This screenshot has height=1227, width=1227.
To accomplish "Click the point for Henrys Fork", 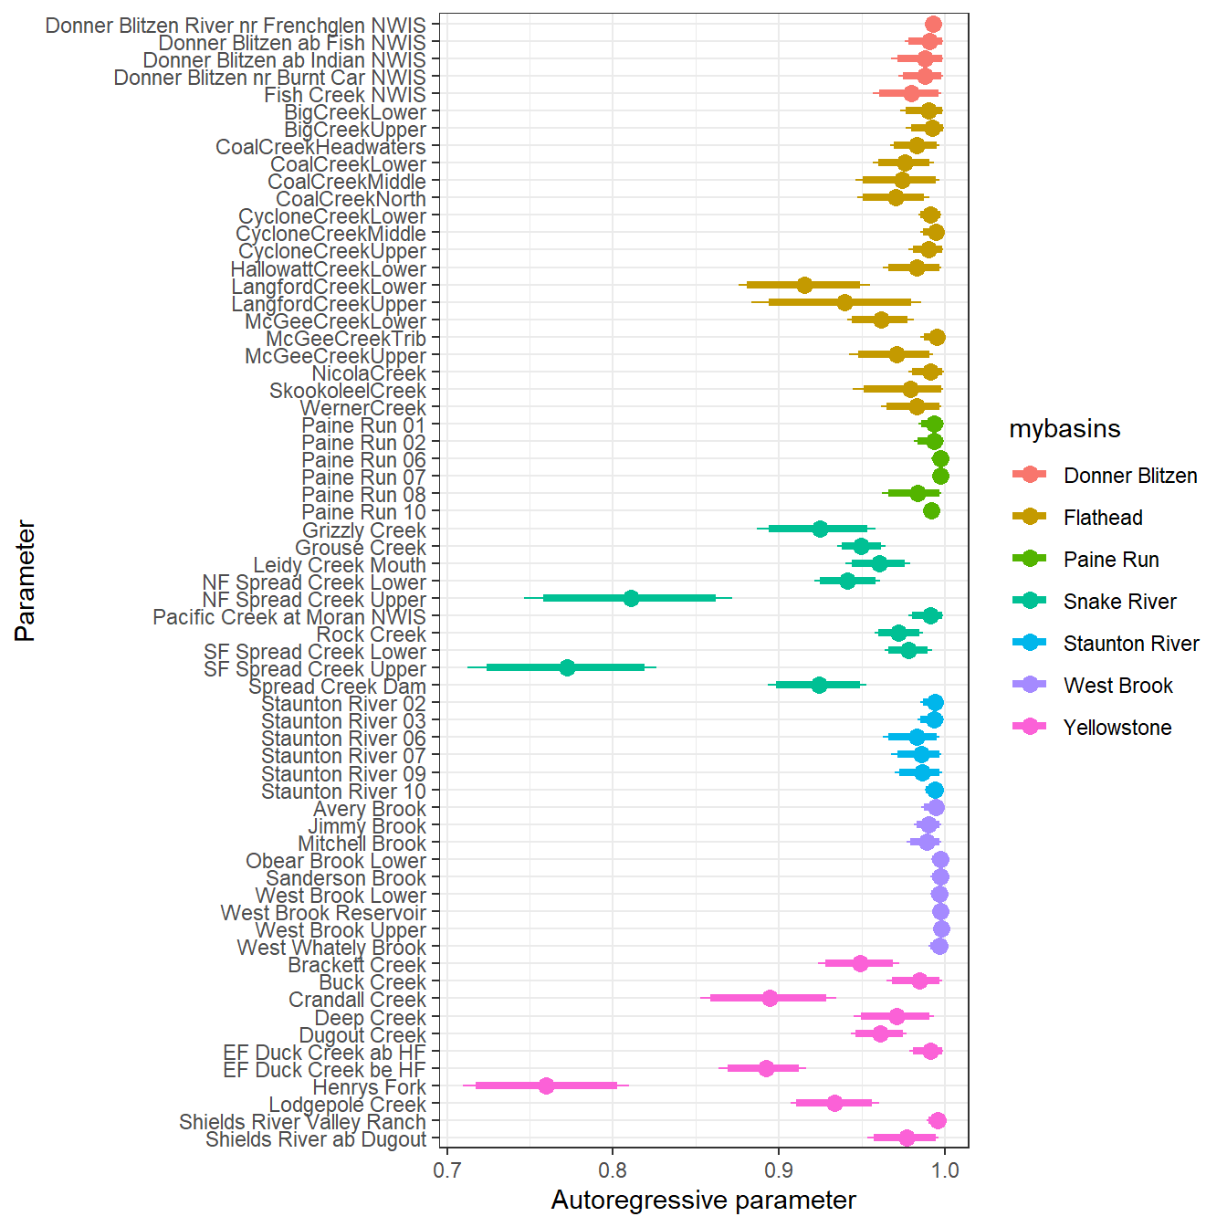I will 546,1085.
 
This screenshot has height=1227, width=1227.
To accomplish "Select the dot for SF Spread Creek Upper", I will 567,667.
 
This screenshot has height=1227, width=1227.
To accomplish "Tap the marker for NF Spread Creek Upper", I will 631,598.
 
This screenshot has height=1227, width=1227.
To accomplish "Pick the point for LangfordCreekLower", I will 804,285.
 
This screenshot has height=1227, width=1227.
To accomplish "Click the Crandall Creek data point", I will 770,998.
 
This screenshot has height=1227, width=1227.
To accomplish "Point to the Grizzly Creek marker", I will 820,529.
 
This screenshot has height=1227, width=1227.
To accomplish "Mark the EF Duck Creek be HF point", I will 766,1068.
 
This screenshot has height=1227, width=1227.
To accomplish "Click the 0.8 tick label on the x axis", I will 613,1170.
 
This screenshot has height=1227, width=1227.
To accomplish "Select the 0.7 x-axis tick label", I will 446,1170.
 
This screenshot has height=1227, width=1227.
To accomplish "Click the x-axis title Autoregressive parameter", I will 703,1201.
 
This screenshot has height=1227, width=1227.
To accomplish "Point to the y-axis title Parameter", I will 26,581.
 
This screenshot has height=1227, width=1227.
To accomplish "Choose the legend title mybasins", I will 1064,429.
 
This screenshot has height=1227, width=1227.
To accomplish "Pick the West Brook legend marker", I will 1030,685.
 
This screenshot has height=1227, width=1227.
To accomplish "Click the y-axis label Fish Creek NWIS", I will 345,95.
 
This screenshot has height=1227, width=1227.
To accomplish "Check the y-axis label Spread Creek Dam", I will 337,687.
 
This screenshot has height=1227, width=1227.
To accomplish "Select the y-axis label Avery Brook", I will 370,809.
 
